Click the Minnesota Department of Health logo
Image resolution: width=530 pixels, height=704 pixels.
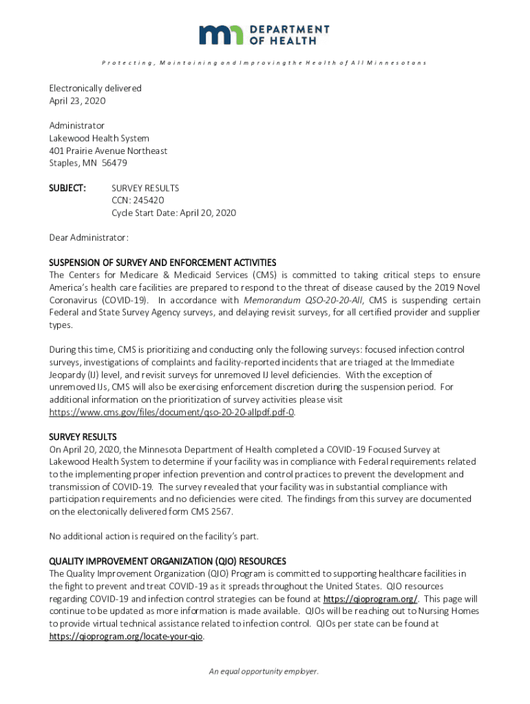pos(264,34)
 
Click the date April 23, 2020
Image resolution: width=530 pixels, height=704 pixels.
pos(77,101)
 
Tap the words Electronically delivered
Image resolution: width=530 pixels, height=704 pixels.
pos(95,89)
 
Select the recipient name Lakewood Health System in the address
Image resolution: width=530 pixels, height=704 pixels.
pos(99,138)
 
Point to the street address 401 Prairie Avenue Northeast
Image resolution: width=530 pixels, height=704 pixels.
pos(108,151)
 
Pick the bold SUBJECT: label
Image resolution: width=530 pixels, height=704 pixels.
pos(67,188)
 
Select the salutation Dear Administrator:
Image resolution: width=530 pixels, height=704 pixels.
pos(89,238)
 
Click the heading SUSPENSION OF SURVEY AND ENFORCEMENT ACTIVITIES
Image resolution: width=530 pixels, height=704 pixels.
pos(162,263)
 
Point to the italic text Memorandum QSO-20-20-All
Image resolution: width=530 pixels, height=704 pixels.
pos(304,300)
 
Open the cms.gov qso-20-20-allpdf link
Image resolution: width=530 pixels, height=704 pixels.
pos(172,412)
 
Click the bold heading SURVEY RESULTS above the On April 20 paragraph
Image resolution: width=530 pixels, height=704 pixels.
pos(83,437)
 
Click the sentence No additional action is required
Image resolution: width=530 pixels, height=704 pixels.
pos(153,536)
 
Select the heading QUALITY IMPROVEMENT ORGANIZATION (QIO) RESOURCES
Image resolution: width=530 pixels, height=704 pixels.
pos(167,561)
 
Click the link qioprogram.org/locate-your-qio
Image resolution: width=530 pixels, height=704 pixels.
pos(126,637)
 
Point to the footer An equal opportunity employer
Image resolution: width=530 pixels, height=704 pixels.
pos(264,672)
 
